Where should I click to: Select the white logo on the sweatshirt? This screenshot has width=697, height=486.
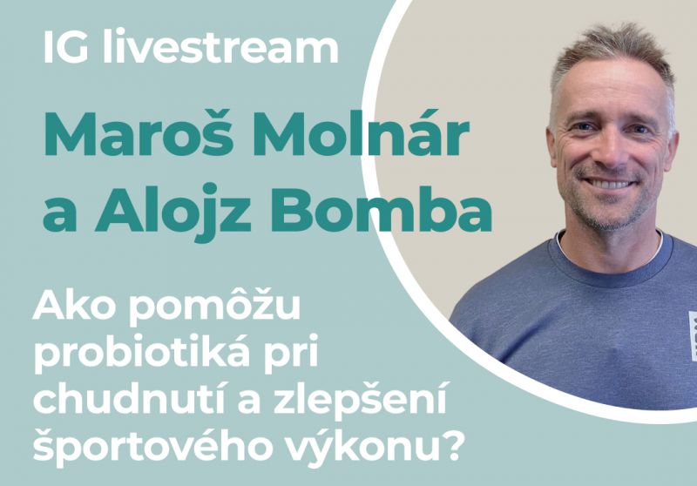pos(691,335)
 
